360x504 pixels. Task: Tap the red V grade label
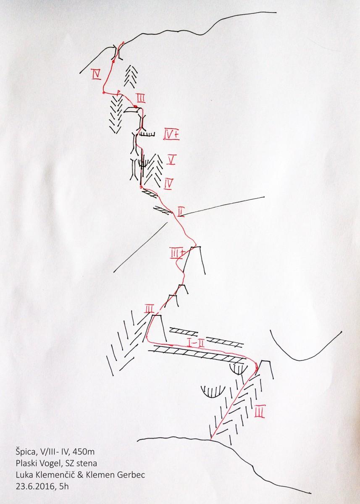point(171,160)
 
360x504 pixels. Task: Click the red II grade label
point(181,212)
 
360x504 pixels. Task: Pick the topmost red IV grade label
point(96,74)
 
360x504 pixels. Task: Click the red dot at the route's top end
point(123,42)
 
